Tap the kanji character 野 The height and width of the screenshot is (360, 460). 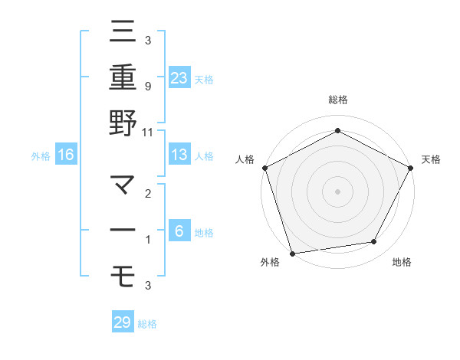pos(123,123)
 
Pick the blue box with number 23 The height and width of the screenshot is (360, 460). pos(179,77)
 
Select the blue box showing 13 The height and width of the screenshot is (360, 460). pos(179,155)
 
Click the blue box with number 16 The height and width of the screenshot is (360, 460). pos(66,155)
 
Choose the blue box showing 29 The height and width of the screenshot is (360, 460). pos(123,322)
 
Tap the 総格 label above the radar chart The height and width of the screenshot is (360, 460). pos(337,100)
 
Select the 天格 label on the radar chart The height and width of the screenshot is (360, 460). pos(431,159)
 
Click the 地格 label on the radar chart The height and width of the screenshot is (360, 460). pos(402,263)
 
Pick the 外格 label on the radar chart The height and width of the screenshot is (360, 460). pos(270,263)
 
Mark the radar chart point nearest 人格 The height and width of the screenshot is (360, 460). pos(264,167)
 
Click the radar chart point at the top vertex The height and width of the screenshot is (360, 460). pos(337,131)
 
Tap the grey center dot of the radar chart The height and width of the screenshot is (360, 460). pos(337,191)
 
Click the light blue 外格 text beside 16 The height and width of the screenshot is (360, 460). pos(40,155)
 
